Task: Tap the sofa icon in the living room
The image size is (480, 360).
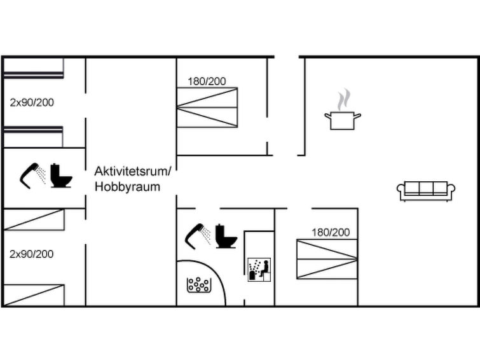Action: [x=426, y=190]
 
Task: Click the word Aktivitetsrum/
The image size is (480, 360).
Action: [x=133, y=171]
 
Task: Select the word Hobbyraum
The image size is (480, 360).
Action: [x=127, y=186]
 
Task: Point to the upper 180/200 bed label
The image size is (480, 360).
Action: [x=207, y=81]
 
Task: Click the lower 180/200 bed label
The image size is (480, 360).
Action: [x=330, y=232]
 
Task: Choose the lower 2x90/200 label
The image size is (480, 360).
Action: [x=32, y=254]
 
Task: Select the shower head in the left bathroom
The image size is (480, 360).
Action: [x=32, y=174]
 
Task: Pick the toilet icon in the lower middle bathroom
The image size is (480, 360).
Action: [x=226, y=236]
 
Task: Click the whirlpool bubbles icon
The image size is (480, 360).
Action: [x=198, y=285]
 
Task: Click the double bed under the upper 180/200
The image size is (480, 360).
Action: [x=207, y=107]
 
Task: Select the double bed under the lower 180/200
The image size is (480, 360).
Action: [x=327, y=259]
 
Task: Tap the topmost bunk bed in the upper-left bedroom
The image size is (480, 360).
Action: [x=33, y=69]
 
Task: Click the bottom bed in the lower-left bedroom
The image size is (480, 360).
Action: [x=33, y=295]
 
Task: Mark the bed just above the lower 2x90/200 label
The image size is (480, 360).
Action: [x=33, y=220]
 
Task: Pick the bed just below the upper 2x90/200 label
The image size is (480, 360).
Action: [x=33, y=137]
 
